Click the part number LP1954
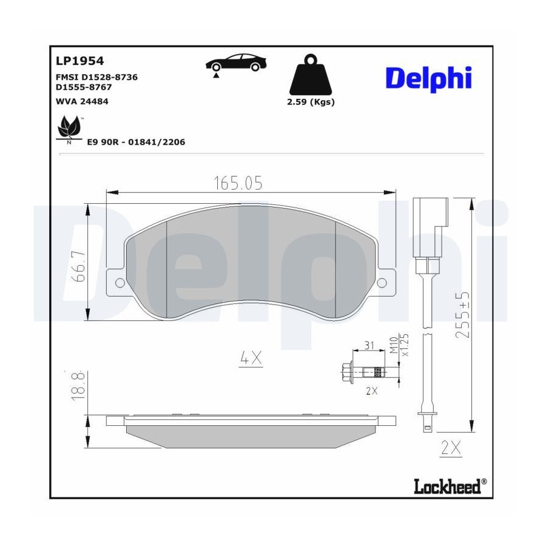tap(79, 61)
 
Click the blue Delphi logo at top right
tap(429, 79)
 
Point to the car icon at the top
tap(236, 63)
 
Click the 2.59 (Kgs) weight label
tap(311, 102)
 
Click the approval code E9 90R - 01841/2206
tap(136, 142)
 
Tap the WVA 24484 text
tap(82, 101)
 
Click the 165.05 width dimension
tap(238, 183)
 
